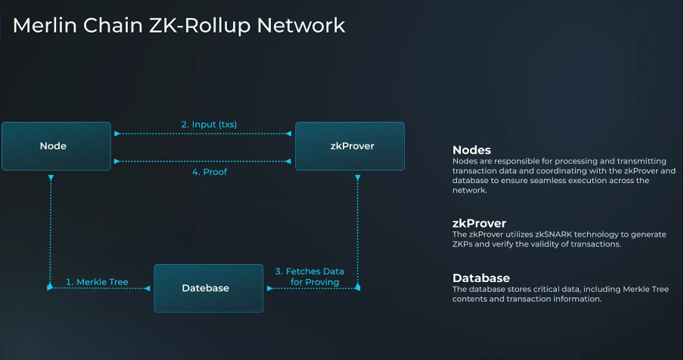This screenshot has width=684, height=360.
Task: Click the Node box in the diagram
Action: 56,146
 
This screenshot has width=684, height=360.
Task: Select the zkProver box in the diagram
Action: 350,146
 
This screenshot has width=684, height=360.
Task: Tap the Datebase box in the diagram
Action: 209,288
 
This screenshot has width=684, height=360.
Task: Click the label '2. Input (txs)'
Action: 209,125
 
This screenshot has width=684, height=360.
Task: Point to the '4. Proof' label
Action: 210,172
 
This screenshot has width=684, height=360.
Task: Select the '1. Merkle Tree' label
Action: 97,282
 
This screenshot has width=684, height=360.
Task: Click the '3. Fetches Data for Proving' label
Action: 309,277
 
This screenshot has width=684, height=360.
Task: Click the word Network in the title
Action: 301,25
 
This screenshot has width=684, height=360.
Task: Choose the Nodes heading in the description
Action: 471,150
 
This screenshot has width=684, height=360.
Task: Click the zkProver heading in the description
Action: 479,223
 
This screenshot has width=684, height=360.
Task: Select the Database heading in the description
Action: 481,278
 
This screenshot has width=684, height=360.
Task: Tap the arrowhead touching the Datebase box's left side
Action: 148,288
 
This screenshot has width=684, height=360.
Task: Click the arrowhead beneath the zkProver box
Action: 358,178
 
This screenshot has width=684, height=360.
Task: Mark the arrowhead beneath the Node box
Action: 51,178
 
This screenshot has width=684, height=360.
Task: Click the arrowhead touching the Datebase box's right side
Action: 269,288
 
